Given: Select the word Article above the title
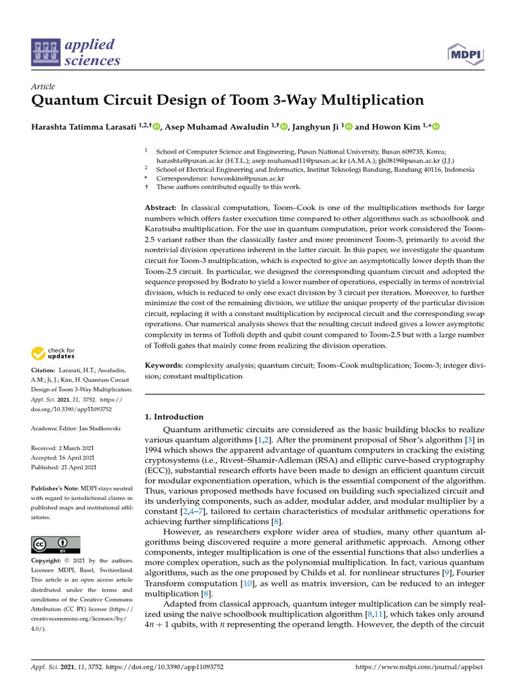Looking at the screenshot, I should pyautogui.click(x=43, y=87).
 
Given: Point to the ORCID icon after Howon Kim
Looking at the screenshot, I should pyautogui.click(x=435, y=127).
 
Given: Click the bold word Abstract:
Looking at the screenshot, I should pyautogui.click(x=161, y=209).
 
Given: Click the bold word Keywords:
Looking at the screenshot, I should pyautogui.click(x=164, y=366).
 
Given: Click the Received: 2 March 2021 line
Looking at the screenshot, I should pyautogui.click(x=64, y=447).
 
